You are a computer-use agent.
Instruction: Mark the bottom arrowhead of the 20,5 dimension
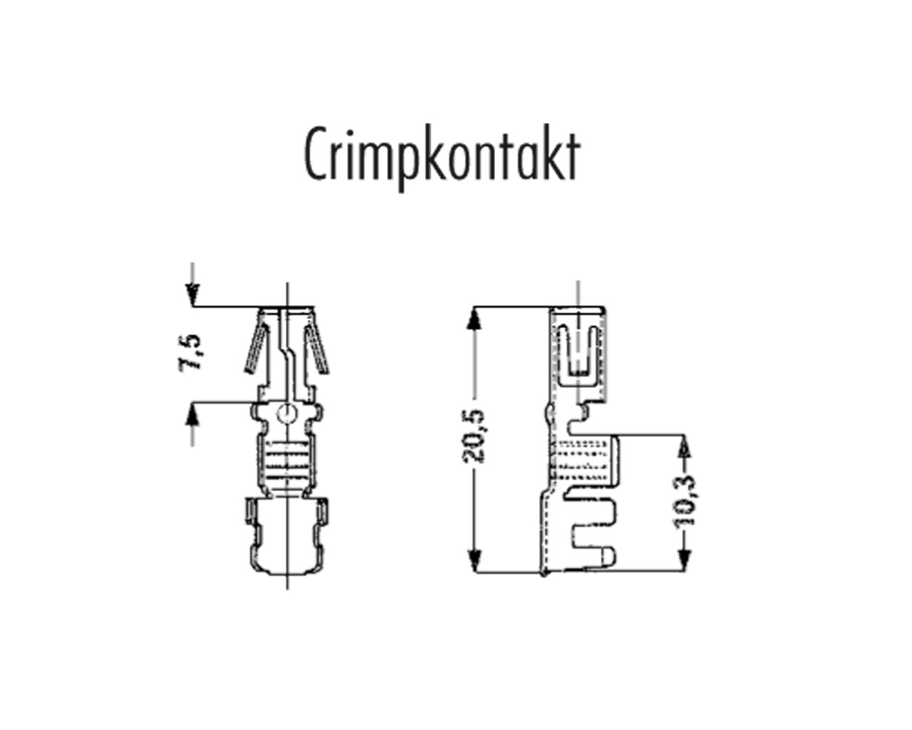[474, 560]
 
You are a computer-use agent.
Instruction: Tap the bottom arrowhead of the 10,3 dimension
[684, 560]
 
